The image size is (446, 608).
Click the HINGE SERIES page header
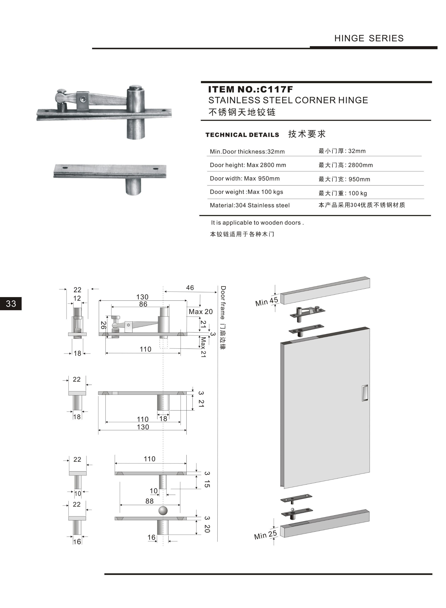coord(369,38)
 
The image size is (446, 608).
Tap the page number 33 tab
coord(11,304)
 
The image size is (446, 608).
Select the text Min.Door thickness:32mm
coord(247,152)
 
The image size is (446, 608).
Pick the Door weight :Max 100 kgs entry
coord(246,192)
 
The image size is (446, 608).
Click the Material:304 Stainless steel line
coord(250,205)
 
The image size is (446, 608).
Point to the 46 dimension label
coord(190,288)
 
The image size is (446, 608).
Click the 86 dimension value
coord(143,304)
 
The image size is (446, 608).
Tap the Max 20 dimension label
coord(201,312)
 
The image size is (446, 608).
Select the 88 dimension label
coord(149,501)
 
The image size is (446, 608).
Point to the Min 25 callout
coord(265,535)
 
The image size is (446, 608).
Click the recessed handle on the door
coord(365,393)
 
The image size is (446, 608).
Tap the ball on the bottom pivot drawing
coord(163,511)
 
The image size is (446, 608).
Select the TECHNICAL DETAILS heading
coord(242,135)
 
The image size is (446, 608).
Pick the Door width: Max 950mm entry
coord(245,179)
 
